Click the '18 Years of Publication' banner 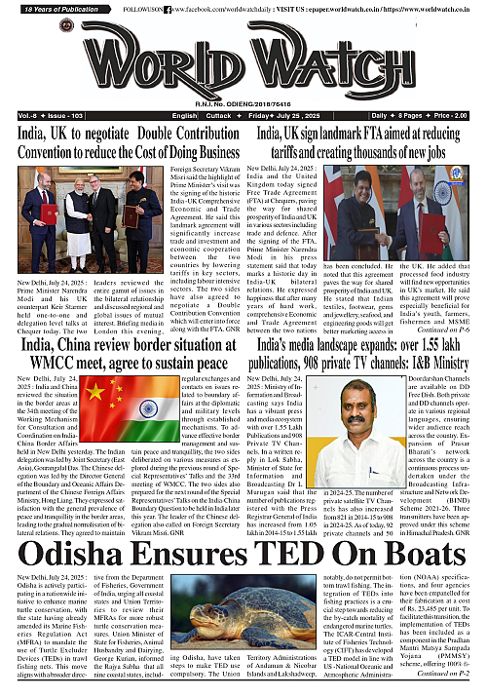pos(53,7)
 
